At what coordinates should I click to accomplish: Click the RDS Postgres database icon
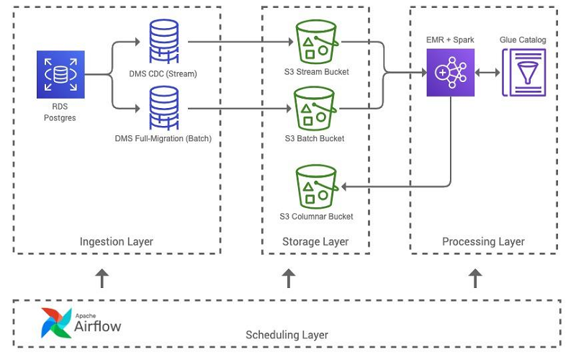pyautogui.click(x=60, y=74)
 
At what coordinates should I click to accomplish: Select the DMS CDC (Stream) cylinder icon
pyautogui.click(x=165, y=42)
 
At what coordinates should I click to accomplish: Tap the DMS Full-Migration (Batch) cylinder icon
pyautogui.click(x=165, y=107)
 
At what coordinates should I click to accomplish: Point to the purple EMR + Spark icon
pyautogui.click(x=451, y=73)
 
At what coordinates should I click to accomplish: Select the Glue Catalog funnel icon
pyautogui.click(x=523, y=73)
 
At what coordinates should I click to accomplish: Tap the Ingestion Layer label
pyautogui.click(x=117, y=242)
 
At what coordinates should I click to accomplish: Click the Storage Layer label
pyautogui.click(x=315, y=242)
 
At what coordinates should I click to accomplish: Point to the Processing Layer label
pyautogui.click(x=483, y=242)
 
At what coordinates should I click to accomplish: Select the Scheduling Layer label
pyautogui.click(x=287, y=335)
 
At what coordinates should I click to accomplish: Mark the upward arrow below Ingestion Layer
pyautogui.click(x=102, y=278)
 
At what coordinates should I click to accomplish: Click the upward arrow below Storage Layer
pyautogui.click(x=289, y=278)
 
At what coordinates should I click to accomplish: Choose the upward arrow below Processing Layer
pyautogui.click(x=475, y=278)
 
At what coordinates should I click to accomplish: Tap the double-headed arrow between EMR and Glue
pyautogui.click(x=487, y=73)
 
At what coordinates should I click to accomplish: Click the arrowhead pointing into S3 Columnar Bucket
pyautogui.click(x=345, y=186)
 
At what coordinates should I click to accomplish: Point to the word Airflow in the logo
pyautogui.click(x=98, y=327)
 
